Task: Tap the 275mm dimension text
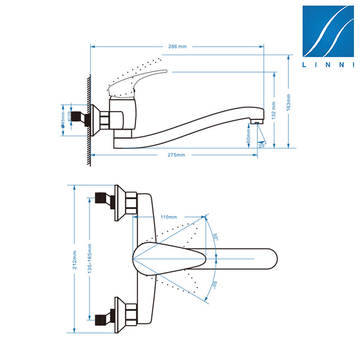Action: [176, 155]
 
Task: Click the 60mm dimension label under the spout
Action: [248, 136]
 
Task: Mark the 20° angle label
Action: [261, 144]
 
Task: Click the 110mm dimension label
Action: [169, 217]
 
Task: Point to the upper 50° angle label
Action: [214, 237]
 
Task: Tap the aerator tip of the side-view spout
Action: [256, 122]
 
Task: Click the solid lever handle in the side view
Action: [138, 82]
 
